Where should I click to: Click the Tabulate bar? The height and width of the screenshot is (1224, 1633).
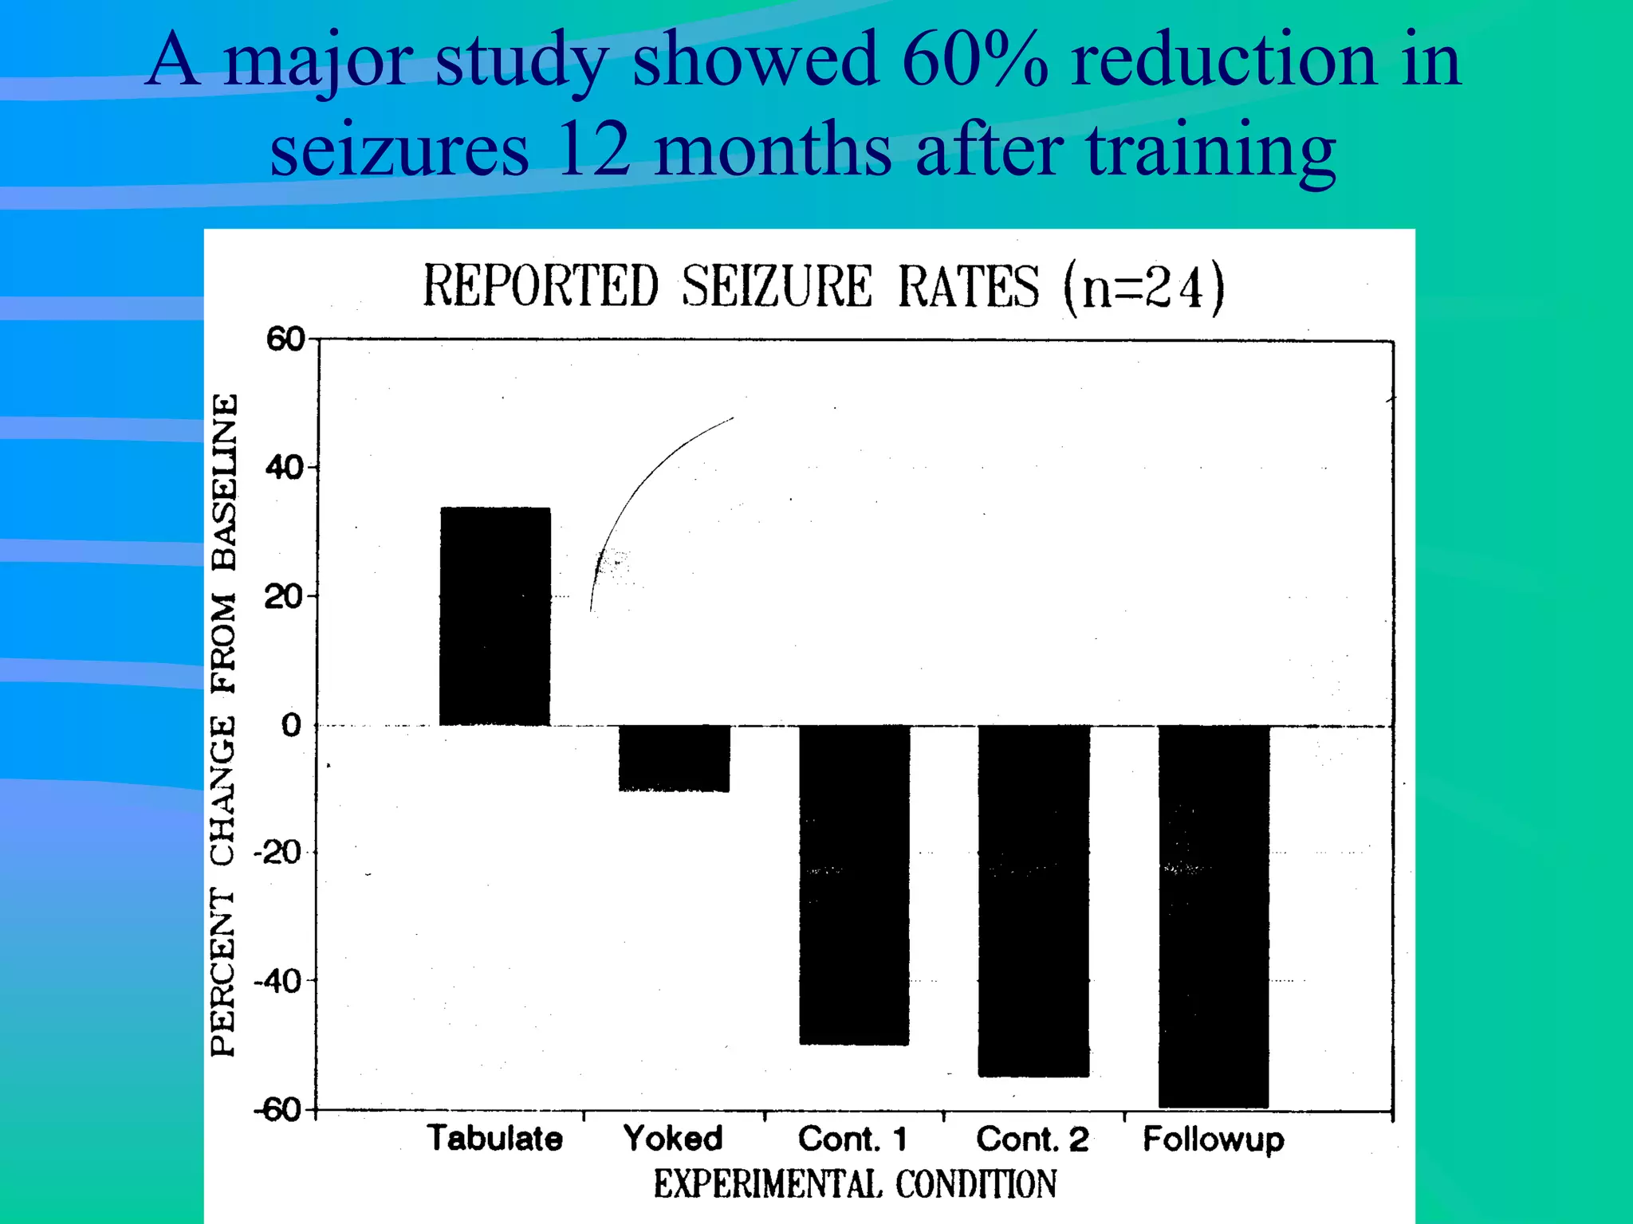[x=494, y=616]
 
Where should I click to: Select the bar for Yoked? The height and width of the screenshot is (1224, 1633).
[x=674, y=757]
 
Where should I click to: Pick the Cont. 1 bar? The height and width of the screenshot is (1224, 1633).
[x=854, y=885]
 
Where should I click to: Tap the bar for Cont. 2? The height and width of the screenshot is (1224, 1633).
[x=1033, y=900]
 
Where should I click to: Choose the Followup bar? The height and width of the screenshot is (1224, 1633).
[x=1214, y=916]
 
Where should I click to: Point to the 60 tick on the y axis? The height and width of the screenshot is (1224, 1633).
[x=285, y=339]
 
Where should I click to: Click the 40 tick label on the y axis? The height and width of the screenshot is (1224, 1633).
[x=285, y=468]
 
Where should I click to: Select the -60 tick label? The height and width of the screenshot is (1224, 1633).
[x=277, y=1110]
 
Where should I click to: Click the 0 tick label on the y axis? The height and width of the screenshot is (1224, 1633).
[x=292, y=725]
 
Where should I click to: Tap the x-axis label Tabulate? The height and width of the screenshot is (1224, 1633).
[x=494, y=1138]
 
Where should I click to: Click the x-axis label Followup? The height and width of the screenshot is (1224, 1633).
[x=1214, y=1140]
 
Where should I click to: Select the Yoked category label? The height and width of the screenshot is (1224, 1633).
[x=673, y=1138]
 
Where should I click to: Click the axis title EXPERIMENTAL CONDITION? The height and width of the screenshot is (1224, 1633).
[x=855, y=1184]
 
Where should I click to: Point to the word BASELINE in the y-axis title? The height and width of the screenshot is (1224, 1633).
[x=224, y=482]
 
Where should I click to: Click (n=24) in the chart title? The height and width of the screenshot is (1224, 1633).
[x=1143, y=287]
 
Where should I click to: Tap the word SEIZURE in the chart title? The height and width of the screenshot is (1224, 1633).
[x=777, y=286]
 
